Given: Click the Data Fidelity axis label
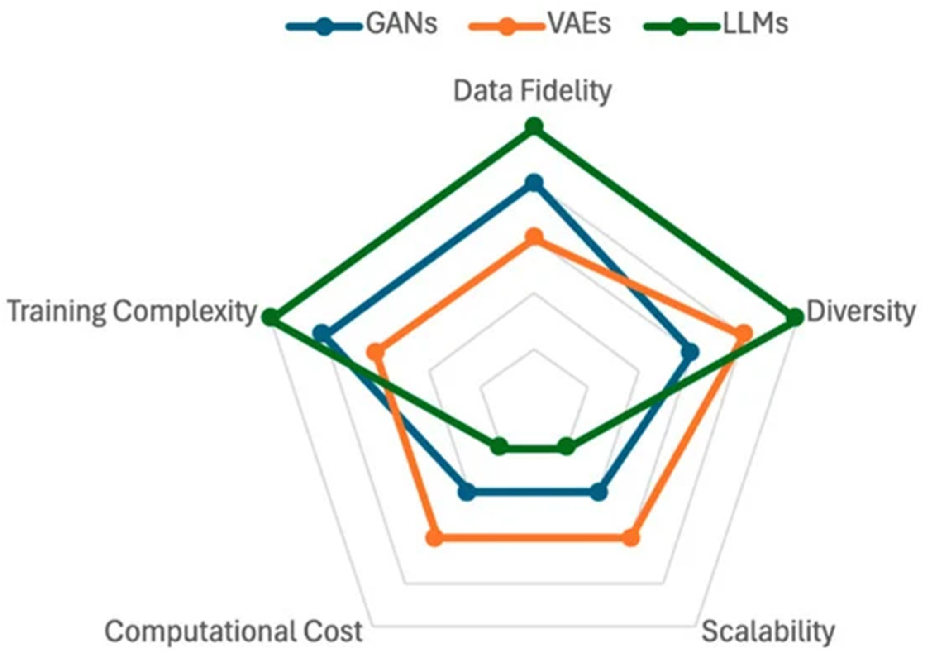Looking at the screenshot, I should (x=533, y=91).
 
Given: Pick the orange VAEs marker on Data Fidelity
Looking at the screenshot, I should (x=534, y=237).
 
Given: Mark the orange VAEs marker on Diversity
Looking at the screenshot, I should (x=744, y=334).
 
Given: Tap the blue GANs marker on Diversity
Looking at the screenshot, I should (x=690, y=353).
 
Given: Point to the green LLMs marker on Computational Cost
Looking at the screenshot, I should (x=500, y=447).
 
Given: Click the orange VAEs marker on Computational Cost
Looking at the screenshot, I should (x=435, y=538).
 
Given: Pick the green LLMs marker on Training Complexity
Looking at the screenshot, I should (x=271, y=317).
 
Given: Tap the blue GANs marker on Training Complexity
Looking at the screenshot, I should (x=322, y=333).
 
